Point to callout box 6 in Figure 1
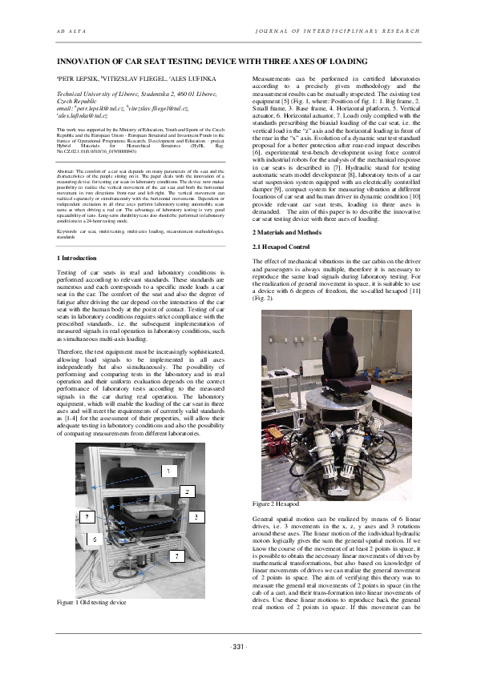tap(95, 540)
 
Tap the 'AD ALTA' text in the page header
tap(66, 30)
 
